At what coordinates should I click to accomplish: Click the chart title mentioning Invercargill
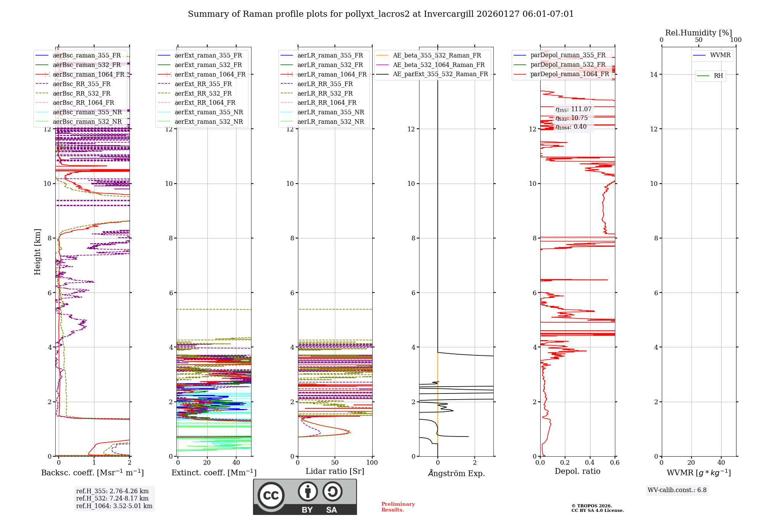[x=381, y=14]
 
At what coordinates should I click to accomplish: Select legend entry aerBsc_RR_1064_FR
[x=83, y=103]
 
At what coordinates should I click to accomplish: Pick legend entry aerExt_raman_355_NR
[x=209, y=112]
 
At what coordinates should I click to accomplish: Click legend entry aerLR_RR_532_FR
[x=325, y=93]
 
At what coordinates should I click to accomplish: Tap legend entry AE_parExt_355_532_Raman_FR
[x=440, y=74]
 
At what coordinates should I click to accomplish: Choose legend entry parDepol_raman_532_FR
[x=568, y=65]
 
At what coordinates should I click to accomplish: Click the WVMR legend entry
[x=720, y=55]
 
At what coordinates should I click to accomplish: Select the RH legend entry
[x=718, y=76]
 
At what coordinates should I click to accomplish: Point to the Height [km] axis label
[x=37, y=252]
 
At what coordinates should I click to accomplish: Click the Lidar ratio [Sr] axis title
[x=335, y=472]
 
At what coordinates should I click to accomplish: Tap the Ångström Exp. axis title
[x=456, y=473]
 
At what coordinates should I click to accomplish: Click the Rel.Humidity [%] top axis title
[x=698, y=33]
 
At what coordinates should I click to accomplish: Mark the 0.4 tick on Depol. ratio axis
[x=590, y=463]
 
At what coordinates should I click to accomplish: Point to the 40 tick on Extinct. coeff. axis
[x=236, y=463]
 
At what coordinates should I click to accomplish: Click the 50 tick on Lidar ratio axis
[x=335, y=463]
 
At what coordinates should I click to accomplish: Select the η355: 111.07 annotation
[x=573, y=109]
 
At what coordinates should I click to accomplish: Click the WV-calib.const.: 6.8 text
[x=677, y=490]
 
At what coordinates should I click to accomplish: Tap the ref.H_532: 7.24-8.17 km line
[x=112, y=499]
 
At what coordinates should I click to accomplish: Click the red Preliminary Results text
[x=398, y=507]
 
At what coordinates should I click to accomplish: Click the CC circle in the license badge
[x=271, y=496]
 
